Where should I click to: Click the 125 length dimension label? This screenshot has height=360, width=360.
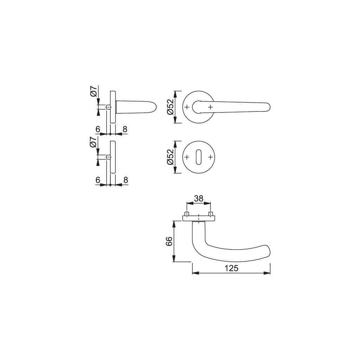coord(231,268)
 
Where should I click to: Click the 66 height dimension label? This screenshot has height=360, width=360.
coord(168,241)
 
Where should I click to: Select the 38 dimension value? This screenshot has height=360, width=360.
coord(199,198)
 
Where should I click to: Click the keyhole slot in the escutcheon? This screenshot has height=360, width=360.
coord(198,157)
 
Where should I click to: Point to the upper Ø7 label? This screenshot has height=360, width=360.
coord(93,92)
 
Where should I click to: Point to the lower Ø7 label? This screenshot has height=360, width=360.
coord(93,143)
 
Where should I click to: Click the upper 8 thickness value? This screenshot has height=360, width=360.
coord(124,129)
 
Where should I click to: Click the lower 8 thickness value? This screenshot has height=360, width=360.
coord(124,180)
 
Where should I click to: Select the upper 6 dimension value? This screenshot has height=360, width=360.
coord(98,129)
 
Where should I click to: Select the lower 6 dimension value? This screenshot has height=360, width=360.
coord(98,180)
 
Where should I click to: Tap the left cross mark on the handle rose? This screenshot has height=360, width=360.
coord(186,107)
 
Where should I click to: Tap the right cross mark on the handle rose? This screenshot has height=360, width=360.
coord(210,107)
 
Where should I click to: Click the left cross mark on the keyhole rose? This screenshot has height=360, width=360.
coord(186,157)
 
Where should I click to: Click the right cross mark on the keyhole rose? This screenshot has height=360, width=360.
coord(210,157)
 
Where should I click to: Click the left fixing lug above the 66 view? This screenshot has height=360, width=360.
coord(187,214)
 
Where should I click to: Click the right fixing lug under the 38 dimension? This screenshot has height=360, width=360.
coord(211,214)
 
